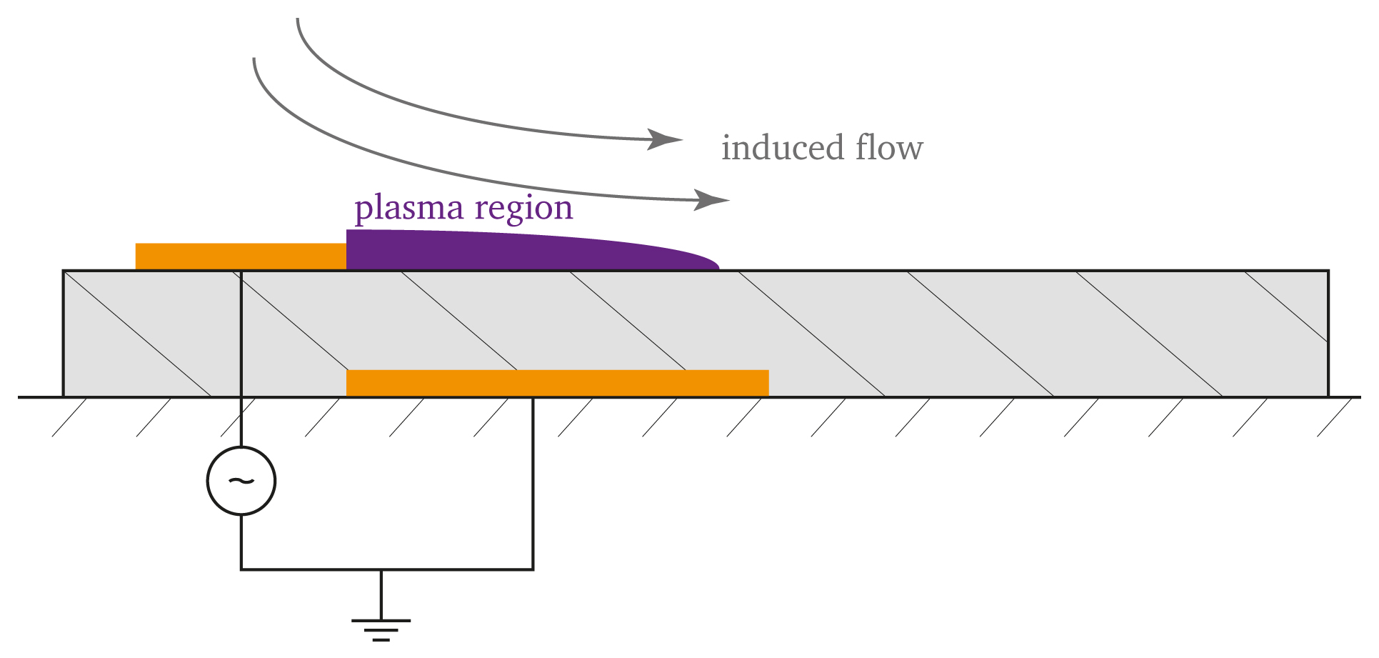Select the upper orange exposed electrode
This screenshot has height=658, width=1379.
(241, 256)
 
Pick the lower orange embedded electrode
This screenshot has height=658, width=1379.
(557, 383)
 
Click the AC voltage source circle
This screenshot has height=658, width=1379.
(241, 481)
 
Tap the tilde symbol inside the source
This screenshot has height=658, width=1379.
(241, 481)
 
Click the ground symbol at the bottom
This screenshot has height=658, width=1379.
(381, 629)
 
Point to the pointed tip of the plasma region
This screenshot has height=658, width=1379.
(718, 269)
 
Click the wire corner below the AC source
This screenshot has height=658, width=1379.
(241, 569)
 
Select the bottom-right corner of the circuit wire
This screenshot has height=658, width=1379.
(533, 569)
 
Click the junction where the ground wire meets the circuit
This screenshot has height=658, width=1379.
(381, 569)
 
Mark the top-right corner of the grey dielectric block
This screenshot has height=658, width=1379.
(1328, 271)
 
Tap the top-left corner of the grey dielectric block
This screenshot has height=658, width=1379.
(64, 271)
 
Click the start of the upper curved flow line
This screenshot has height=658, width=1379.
(297, 19)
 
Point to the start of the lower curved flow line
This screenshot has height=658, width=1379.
(254, 59)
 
